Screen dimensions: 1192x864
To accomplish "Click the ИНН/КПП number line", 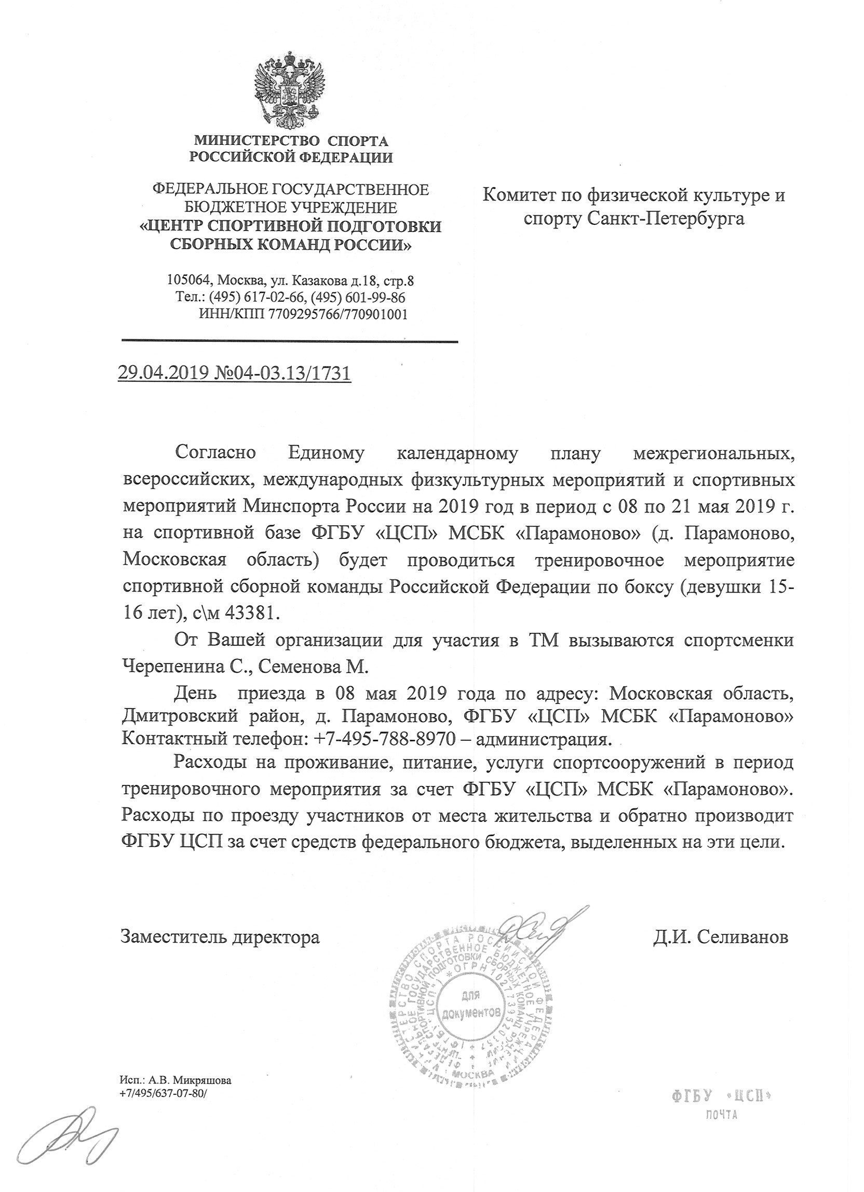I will coord(303,314).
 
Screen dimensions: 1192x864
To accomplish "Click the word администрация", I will coord(545,740).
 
